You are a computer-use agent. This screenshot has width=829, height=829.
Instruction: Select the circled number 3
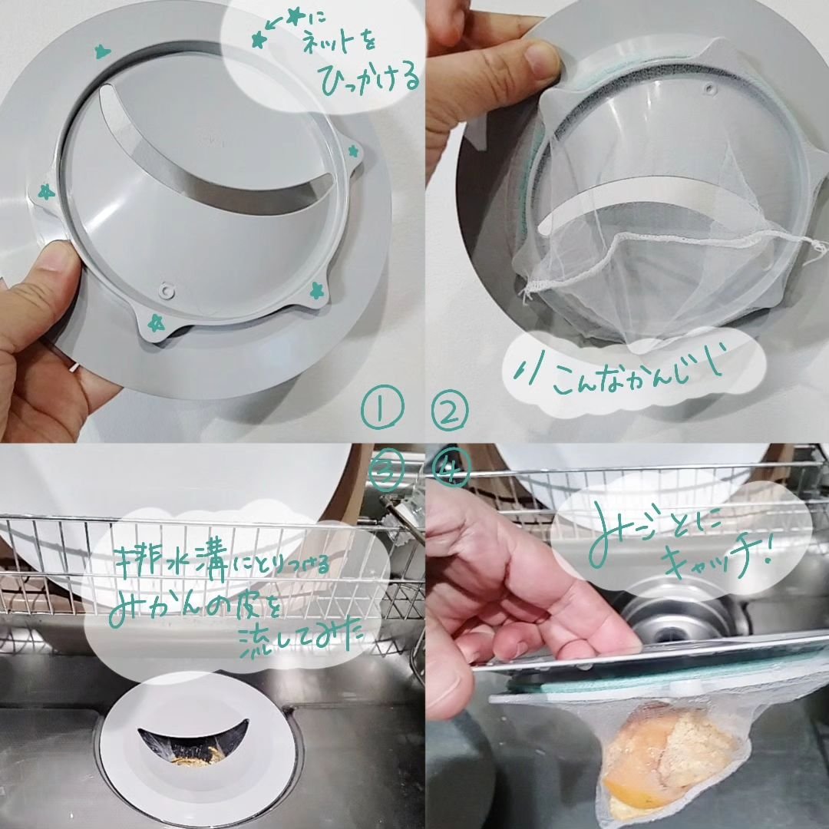386,470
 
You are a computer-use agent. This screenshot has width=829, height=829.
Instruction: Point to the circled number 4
451,470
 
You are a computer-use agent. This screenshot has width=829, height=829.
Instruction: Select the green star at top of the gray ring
101,51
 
